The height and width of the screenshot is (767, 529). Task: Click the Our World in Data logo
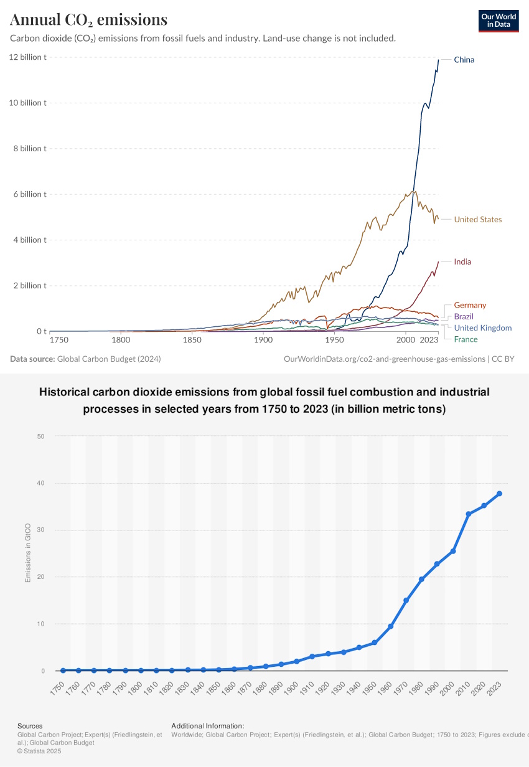498,21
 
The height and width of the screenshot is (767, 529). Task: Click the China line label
464,60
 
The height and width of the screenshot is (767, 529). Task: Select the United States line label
477,219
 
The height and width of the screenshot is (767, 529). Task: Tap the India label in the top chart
462,261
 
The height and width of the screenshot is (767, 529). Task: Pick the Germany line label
470,305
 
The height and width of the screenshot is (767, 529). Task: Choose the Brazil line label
464,316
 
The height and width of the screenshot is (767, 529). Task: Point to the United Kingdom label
482,327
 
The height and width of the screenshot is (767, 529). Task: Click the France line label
466,339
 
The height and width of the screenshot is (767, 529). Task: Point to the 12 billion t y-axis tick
27,57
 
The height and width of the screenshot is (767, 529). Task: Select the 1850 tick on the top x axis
192,340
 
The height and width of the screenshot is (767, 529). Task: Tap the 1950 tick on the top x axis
334,340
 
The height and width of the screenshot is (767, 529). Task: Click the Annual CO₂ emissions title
88,20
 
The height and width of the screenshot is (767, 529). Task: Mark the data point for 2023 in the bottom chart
499,494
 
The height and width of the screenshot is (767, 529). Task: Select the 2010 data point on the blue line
468,514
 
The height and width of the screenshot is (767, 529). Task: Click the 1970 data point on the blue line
406,600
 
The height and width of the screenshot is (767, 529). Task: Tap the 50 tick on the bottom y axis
40,436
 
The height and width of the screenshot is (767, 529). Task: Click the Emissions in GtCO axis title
27,553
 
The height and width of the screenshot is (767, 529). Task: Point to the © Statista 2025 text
39,751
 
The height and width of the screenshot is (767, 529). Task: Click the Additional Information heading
207,726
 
